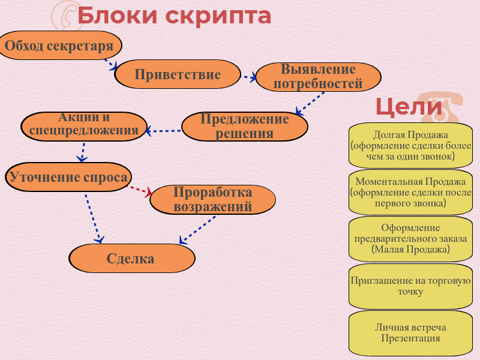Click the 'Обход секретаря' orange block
tap(60, 46)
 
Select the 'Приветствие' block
tap(178, 74)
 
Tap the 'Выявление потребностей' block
tap(319, 77)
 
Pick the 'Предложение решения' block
tap(245, 127)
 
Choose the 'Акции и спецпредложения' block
tap(84, 127)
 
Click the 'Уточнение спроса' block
tap(68, 177)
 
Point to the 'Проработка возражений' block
tap(213, 200)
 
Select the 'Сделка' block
tap(132, 259)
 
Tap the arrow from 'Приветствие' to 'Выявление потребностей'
tap(249, 77)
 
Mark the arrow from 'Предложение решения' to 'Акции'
tap(163, 131)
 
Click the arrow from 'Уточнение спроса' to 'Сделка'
tap(94, 218)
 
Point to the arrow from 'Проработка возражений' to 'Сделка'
tap(197, 230)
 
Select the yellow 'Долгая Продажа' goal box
tap(410, 146)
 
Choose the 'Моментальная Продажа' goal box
tap(410, 192)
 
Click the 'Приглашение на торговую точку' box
tap(410, 286)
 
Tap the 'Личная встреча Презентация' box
tap(410, 333)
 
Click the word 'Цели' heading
tap(409, 107)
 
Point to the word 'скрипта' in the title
tap(218, 16)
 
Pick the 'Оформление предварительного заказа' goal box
tap(410, 239)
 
